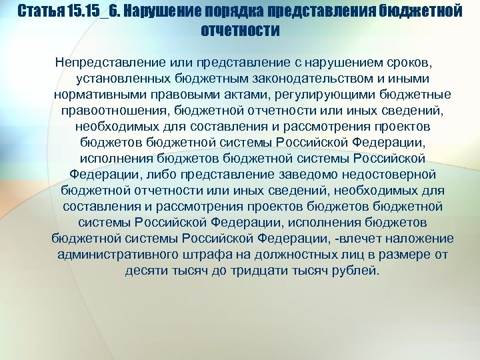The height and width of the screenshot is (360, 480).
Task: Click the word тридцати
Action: [273, 270]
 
